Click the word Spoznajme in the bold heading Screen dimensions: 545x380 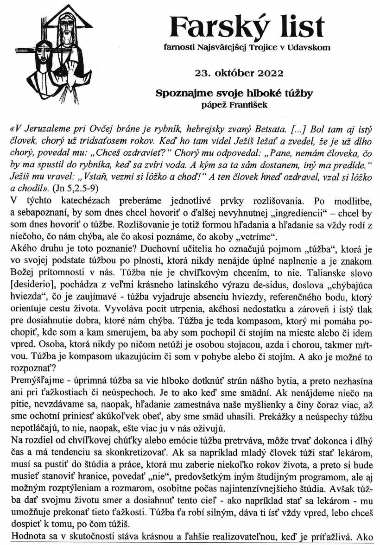(x=179, y=93)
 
